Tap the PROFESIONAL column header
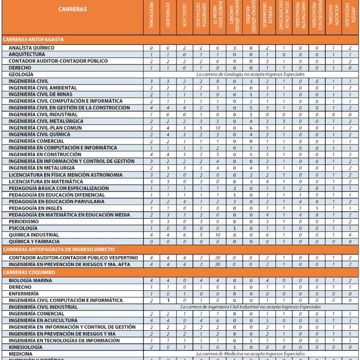click(151, 18)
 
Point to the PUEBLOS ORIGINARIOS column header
click(267, 18)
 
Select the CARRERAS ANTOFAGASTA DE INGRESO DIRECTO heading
click(58, 249)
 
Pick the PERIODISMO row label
click(24, 221)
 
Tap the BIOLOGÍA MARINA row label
click(30, 280)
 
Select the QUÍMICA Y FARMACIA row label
click(34, 241)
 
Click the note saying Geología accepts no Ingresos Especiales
click(251, 74)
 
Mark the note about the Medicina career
click(251, 354)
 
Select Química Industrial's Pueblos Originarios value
click(267, 235)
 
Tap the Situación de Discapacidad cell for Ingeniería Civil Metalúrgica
click(283, 121)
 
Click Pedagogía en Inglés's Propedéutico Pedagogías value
click(317, 208)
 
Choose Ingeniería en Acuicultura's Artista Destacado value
click(349, 320)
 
